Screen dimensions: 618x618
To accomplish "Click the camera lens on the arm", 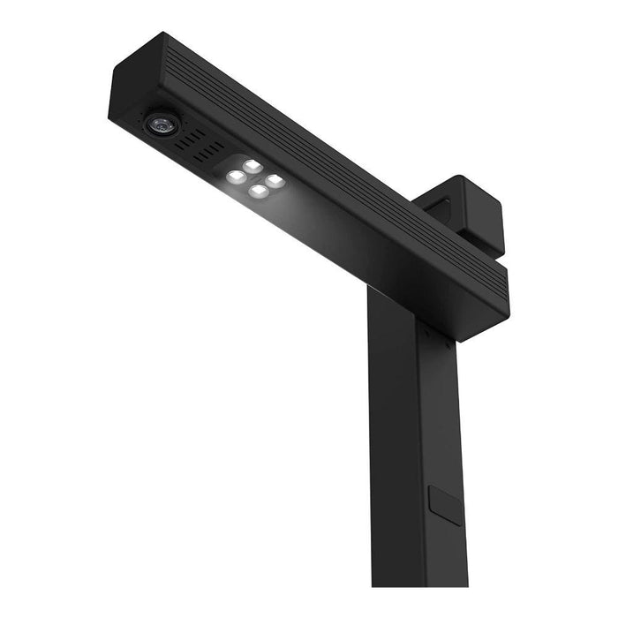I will coord(162,124).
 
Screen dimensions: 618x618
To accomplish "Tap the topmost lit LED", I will coord(252,166).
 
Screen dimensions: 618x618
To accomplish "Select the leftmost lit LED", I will coord(235,177).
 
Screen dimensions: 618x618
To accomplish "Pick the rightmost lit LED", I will coord(275,180).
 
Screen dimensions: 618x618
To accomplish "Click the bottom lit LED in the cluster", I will coord(258,190).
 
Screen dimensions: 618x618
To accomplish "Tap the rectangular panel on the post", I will coord(443,505).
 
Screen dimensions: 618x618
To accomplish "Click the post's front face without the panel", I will coord(394,441).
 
